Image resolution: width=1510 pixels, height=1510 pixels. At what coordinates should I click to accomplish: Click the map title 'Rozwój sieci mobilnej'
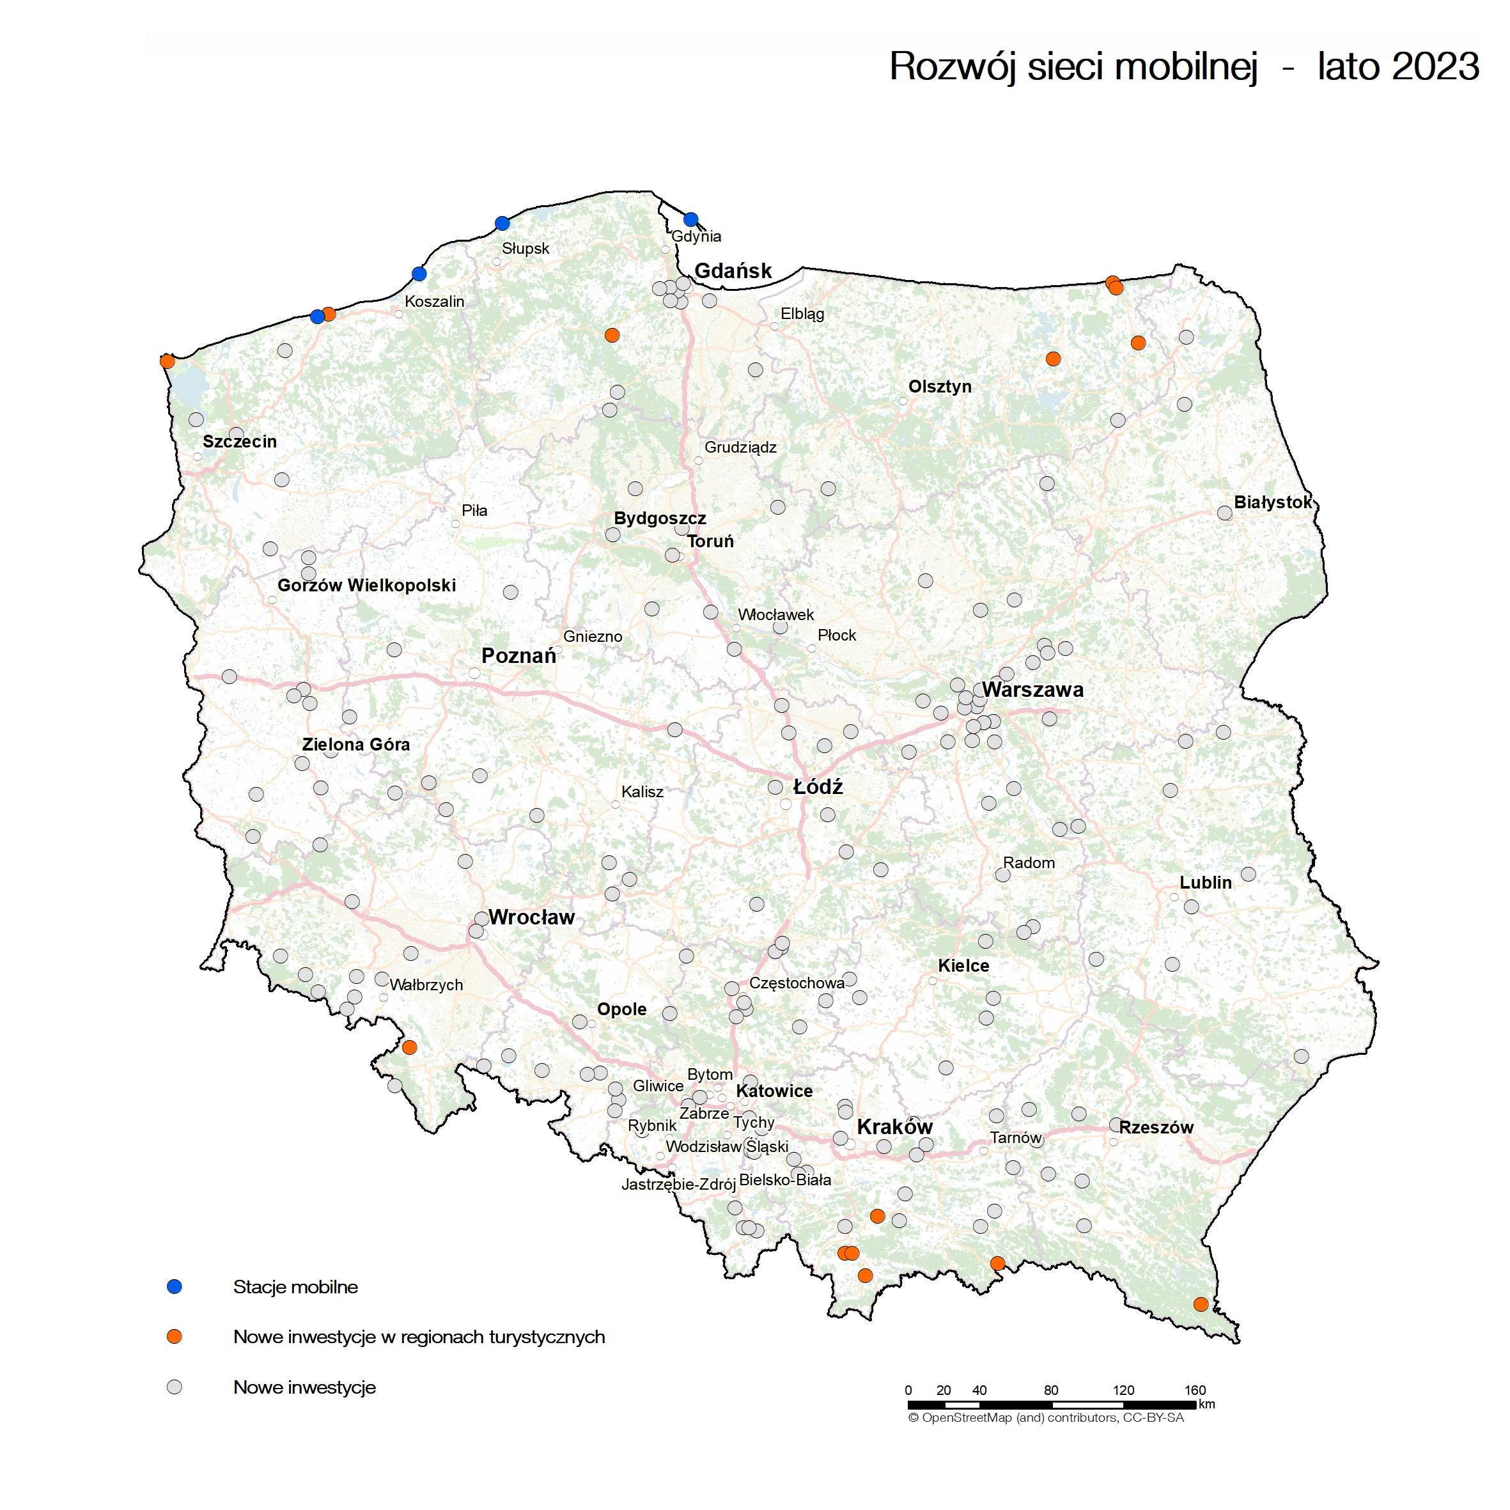[x=1073, y=66]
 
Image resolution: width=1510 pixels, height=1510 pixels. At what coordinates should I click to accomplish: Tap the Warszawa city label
[x=1032, y=689]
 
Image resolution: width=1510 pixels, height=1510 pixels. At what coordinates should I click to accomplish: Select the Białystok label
[x=1272, y=502]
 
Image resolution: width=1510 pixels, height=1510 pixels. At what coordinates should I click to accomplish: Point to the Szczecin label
[x=239, y=441]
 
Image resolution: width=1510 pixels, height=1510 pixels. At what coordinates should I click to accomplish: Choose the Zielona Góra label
[x=355, y=744]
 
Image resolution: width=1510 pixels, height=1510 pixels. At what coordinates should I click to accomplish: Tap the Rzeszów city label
[x=1156, y=1127]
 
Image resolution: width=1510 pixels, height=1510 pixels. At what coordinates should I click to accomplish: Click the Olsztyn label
[x=940, y=386]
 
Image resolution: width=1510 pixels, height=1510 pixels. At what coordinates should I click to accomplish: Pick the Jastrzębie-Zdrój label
[x=678, y=1184]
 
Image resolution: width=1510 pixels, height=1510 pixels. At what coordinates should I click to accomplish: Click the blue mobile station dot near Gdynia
[x=690, y=220]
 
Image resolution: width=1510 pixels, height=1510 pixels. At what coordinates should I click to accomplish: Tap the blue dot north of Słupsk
[x=502, y=224]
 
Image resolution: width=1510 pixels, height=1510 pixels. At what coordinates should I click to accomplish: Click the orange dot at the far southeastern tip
[x=1201, y=1304]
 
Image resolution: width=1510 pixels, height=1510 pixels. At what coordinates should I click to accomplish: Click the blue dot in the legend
[x=175, y=1286]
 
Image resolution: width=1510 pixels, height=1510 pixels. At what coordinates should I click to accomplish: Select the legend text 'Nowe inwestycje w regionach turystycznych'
[x=419, y=1337]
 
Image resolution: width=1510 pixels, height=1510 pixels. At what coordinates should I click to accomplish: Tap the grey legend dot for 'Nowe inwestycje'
[x=175, y=1387]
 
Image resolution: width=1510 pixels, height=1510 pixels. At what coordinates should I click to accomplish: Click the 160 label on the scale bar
[x=1194, y=1390]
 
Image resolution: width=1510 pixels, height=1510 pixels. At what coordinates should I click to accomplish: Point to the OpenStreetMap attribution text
[x=1046, y=1417]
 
